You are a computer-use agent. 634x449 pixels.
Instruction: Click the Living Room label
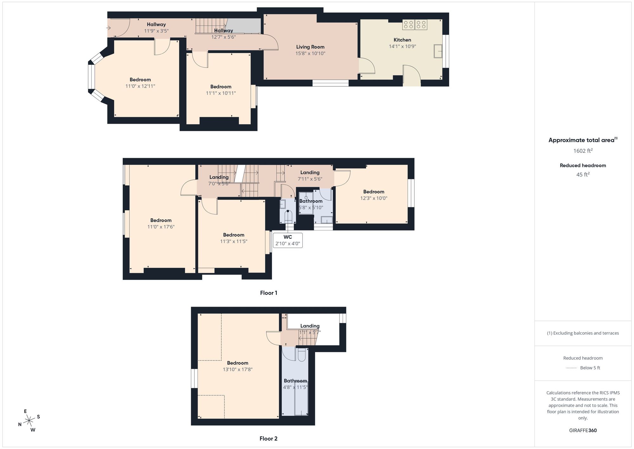(310, 47)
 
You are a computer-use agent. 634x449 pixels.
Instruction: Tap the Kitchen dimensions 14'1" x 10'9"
(402, 46)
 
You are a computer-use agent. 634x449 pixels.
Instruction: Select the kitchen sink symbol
(438, 51)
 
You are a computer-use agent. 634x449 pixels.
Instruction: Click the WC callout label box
(288, 241)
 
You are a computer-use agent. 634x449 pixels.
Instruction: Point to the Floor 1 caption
(268, 293)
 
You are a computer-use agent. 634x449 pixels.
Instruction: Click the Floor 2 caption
(268, 439)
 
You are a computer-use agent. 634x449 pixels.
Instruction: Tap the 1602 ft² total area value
(583, 151)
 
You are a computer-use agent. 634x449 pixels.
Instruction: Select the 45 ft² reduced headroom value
(583, 174)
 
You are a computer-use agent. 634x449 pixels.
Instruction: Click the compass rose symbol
(29, 421)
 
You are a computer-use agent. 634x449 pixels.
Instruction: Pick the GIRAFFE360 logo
(583, 431)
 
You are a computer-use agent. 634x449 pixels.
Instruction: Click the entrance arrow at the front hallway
(108, 28)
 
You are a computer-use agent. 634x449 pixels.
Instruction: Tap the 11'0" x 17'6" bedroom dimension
(161, 227)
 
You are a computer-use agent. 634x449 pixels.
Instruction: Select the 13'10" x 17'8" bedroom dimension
(237, 369)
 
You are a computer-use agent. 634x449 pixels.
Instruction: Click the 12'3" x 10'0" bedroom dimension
(374, 198)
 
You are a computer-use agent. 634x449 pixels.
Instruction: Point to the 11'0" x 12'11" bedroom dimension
(140, 86)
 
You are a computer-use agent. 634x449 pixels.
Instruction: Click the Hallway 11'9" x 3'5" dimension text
(156, 31)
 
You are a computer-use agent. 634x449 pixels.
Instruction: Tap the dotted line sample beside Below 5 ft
(571, 368)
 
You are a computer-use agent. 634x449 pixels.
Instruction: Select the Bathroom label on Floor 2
(295, 381)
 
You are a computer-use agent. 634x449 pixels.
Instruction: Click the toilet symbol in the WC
(288, 216)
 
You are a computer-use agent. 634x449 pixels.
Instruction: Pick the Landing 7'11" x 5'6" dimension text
(310, 179)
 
